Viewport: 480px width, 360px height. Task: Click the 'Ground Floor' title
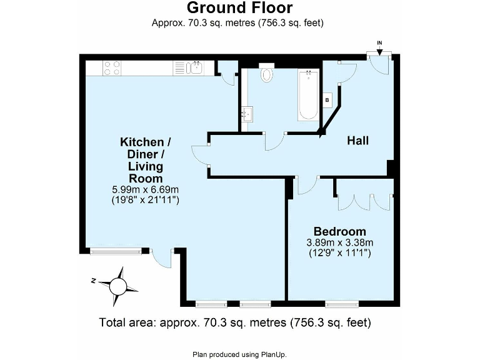239,8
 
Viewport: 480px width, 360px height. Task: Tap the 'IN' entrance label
379,42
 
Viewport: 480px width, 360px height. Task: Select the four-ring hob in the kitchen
112,67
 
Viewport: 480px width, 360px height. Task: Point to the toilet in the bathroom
267,74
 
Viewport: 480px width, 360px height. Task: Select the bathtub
308,95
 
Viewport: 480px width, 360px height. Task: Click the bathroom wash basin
248,114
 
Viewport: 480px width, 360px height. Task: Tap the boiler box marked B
327,99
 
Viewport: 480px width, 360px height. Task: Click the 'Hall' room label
357,141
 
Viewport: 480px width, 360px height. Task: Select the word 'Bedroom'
340,231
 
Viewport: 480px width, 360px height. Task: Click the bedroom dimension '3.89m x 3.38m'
340,242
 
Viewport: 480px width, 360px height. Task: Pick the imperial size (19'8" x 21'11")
145,200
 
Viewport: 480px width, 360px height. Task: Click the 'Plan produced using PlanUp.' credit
239,354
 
